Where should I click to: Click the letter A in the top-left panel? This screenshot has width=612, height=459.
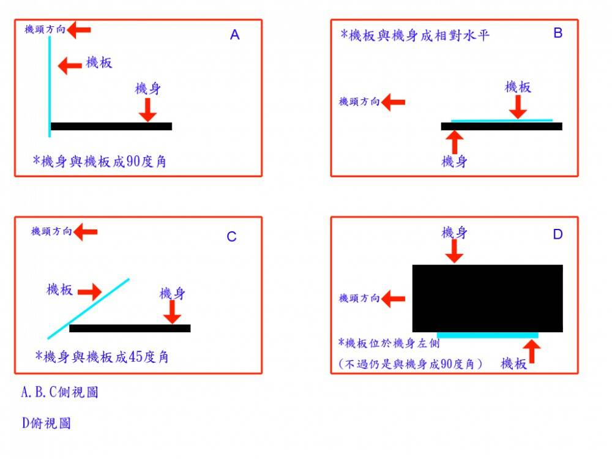234,35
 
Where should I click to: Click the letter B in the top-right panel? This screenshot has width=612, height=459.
558,33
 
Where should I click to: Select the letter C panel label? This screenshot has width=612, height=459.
231,237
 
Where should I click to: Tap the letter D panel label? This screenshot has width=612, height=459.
557,234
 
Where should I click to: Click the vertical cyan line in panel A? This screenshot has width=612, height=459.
50,86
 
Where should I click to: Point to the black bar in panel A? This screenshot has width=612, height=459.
111,126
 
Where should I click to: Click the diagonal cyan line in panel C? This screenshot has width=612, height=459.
89,308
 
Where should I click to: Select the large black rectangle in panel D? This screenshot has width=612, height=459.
487,298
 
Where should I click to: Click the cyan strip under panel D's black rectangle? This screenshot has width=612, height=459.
488,335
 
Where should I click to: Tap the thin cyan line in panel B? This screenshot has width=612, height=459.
501,121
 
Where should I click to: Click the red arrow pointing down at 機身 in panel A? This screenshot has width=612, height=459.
147,110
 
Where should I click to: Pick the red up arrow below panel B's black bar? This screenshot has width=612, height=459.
453,142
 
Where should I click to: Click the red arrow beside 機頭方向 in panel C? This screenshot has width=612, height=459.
86,231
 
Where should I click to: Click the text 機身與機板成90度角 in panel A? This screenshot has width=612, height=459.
100,162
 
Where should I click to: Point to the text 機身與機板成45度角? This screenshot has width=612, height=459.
102,357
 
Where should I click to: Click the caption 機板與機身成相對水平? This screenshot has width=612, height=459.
415,35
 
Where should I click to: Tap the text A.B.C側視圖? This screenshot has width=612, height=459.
59,392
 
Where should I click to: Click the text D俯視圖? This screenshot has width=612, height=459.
46,423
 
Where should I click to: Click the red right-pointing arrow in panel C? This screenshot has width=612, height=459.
89,291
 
